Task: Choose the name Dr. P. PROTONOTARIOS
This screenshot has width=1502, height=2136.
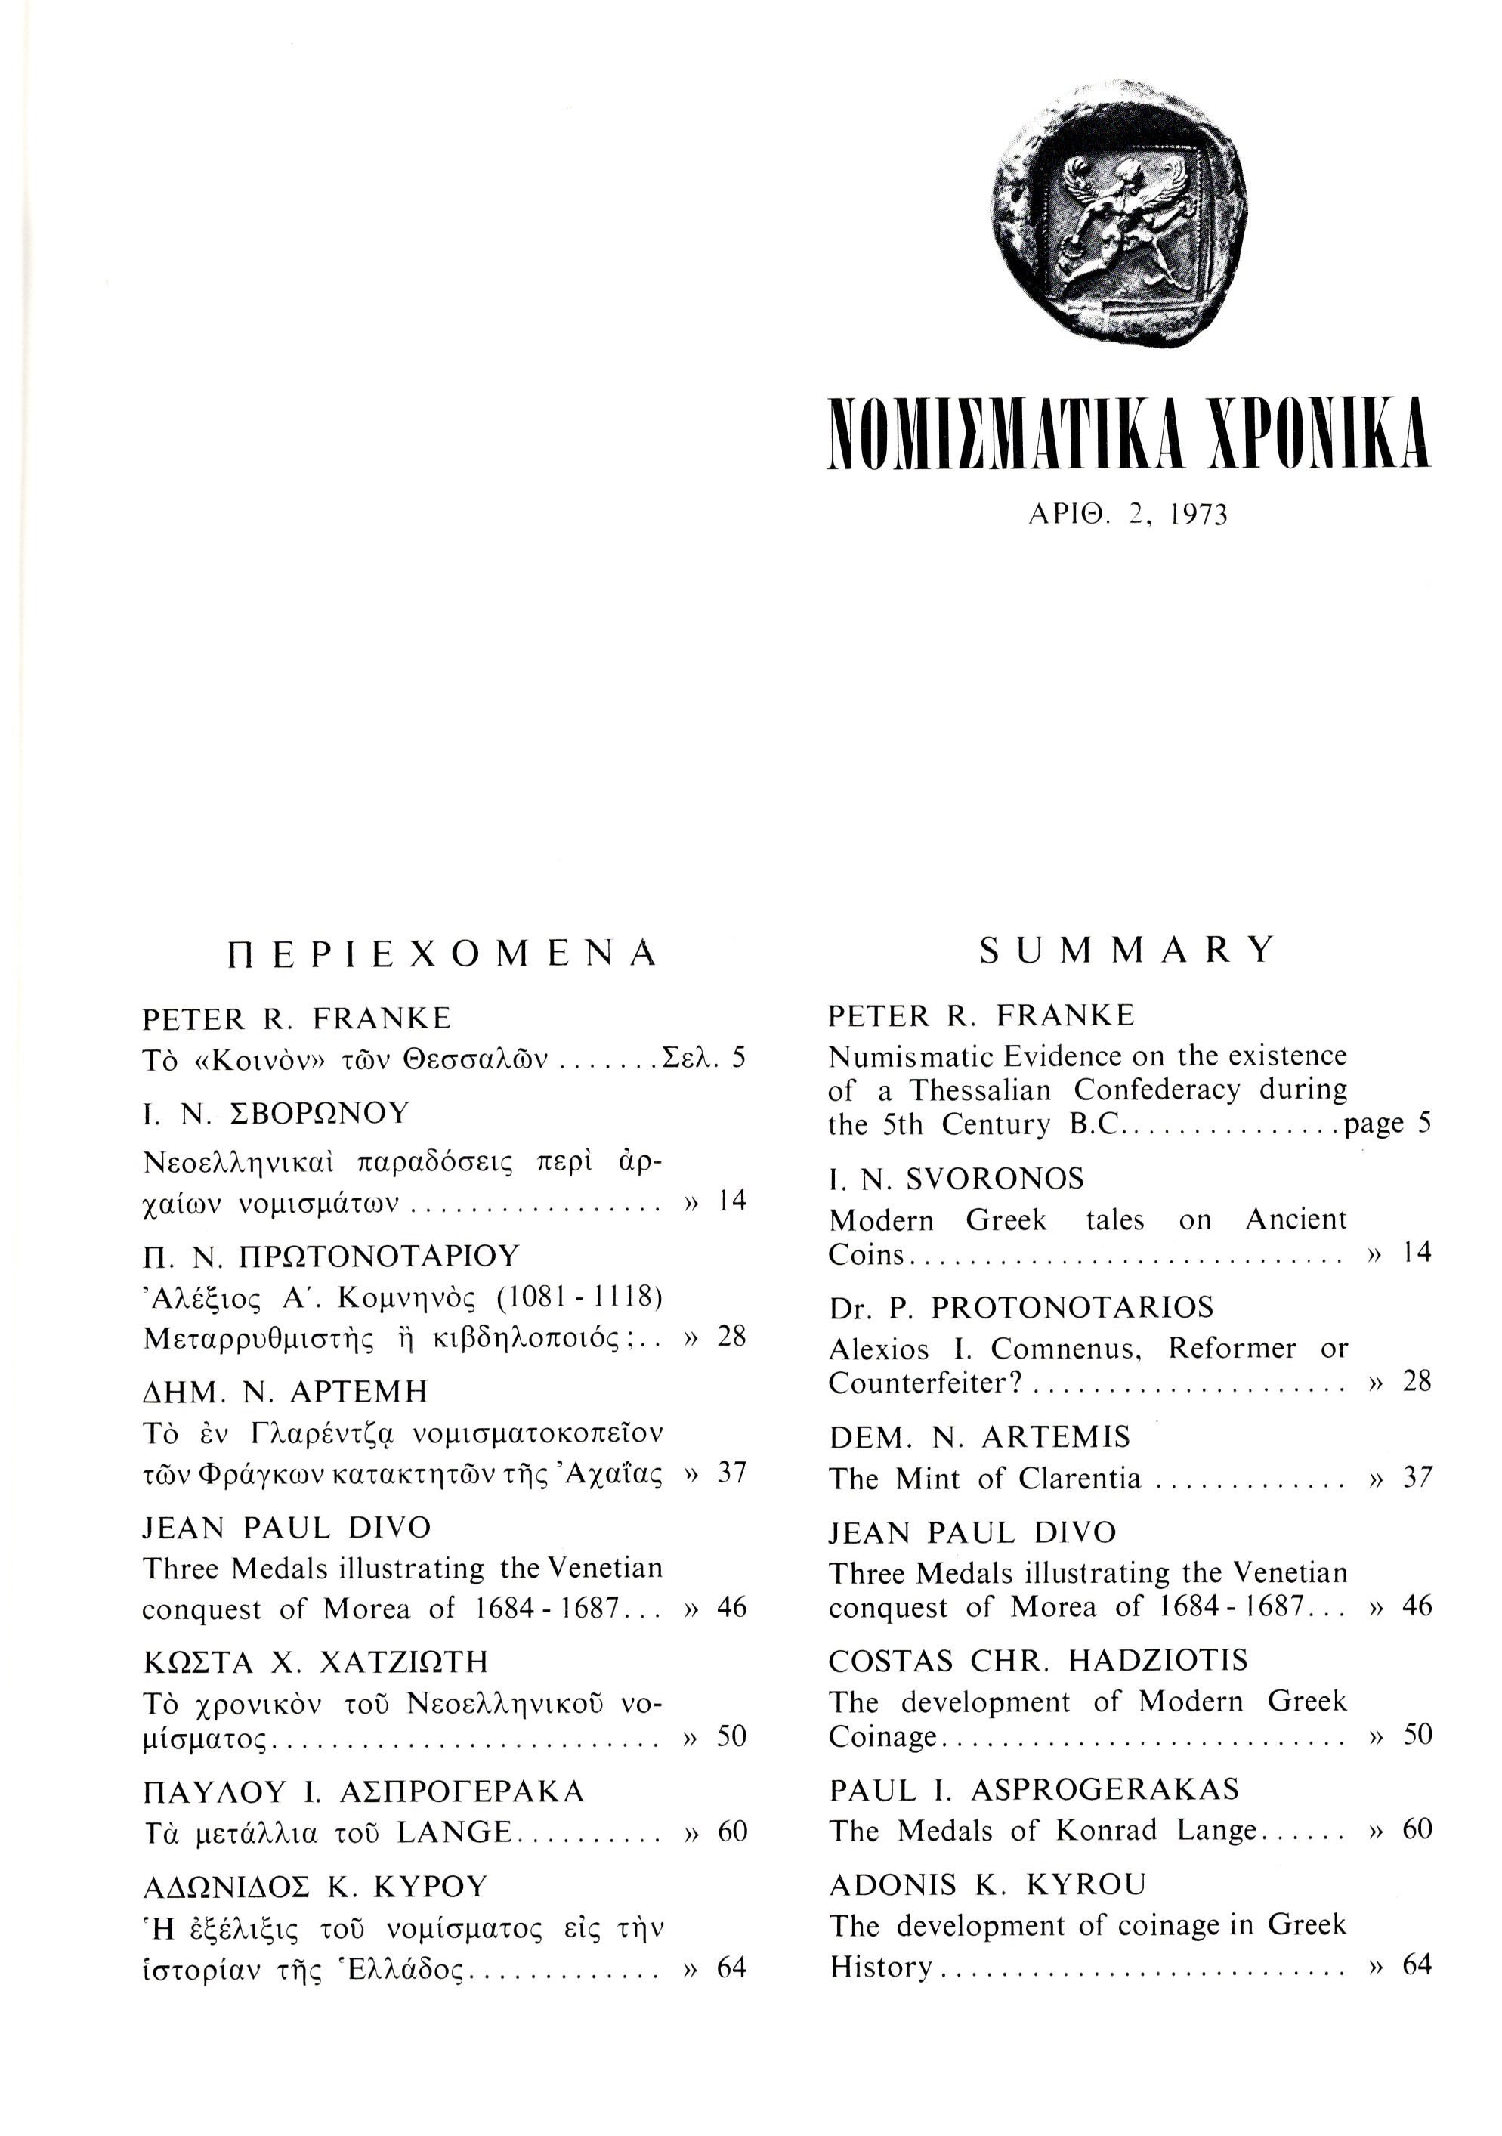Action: [1020, 1308]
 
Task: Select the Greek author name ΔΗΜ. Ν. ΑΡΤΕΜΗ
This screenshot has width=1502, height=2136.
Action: [285, 1392]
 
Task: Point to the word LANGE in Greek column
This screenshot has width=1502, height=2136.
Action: [454, 1833]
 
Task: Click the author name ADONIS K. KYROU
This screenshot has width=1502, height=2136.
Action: [987, 1885]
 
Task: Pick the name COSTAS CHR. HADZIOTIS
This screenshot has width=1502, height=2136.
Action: [1038, 1661]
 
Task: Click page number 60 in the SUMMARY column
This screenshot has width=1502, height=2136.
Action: [1417, 1830]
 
